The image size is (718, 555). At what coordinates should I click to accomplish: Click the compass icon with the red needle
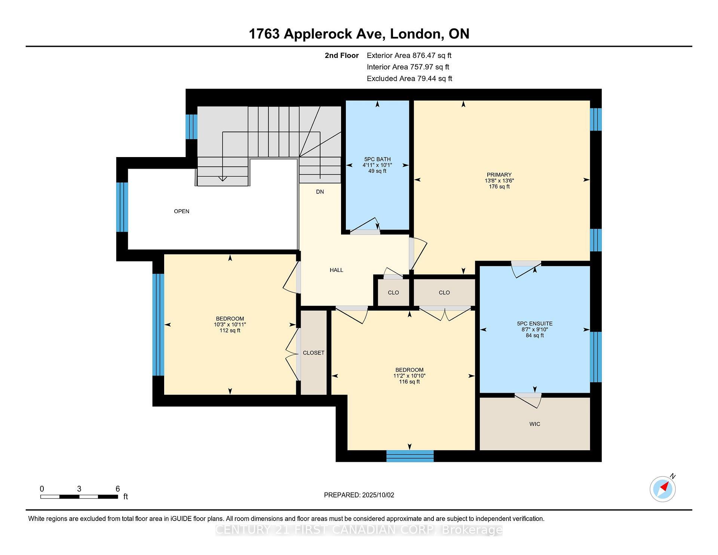pos(662,489)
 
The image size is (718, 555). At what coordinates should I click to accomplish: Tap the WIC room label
pos(535,424)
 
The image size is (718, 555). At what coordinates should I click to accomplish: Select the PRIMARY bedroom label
pos(499,175)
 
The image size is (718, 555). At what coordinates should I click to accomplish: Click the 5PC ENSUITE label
pos(534,324)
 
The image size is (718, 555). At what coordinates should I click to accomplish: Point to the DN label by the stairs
pos(320,192)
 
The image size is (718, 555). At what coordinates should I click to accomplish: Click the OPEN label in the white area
pos(181,211)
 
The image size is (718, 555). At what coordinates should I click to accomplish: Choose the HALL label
pos(336,270)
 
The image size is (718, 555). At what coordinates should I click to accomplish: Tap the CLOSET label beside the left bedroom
pos(313,353)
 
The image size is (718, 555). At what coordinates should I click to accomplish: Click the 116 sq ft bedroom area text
pos(409,382)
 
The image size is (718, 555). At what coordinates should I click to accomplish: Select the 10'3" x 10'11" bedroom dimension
pos(230,325)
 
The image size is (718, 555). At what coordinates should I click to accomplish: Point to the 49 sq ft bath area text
pos(377,171)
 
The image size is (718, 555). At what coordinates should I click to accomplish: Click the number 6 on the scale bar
pos(117,489)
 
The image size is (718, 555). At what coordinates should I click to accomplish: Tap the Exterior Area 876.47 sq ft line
pos(409,55)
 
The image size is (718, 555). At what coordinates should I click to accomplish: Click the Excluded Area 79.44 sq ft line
pos(409,79)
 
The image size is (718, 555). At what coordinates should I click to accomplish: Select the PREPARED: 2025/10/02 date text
pos(359,495)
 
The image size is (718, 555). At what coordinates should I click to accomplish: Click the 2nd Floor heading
pos(341,55)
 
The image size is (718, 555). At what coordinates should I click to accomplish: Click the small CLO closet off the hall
pos(393,292)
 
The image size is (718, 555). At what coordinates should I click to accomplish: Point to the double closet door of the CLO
pos(445,313)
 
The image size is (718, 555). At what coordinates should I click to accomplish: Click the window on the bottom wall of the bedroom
pos(409,456)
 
